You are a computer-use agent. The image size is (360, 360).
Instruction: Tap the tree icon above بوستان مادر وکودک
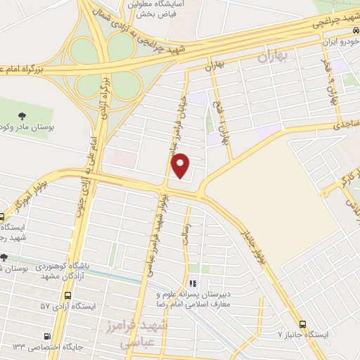coord(22,115)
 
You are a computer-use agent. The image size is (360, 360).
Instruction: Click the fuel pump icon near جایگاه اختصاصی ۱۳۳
coord(47,336)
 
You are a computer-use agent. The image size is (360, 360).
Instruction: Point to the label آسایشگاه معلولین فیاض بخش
coord(155,8)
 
